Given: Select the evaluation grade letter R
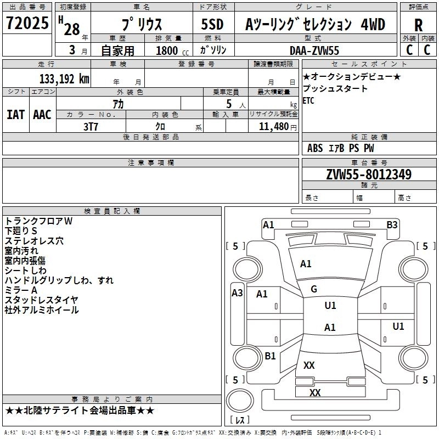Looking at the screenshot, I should click(x=418, y=25).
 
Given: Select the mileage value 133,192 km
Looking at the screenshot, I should click(x=64, y=78).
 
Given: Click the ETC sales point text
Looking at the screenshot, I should click(x=308, y=101).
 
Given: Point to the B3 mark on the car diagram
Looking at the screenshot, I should click(x=392, y=224).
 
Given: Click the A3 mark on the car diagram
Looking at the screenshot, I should click(x=237, y=292).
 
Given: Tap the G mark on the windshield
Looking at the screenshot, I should click(x=314, y=289).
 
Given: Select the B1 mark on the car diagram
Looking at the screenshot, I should click(x=270, y=356).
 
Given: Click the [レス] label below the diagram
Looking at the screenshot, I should click(x=240, y=420).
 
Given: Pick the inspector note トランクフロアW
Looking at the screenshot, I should click(x=38, y=221).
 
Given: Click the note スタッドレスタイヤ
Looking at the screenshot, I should click(x=42, y=300).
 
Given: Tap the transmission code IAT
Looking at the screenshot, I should click(x=15, y=115).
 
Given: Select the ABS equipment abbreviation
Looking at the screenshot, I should click(x=315, y=148).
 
